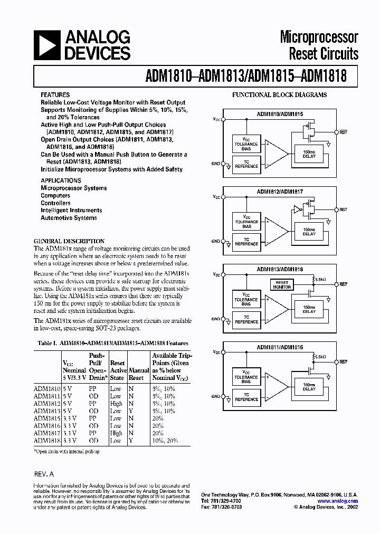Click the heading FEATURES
point(55,95)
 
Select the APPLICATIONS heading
point(61,180)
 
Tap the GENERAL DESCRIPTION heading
point(69,241)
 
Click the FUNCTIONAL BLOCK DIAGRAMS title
point(280,95)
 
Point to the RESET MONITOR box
point(281,284)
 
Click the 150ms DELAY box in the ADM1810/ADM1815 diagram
point(309,154)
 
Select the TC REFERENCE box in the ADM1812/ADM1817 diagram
point(247,242)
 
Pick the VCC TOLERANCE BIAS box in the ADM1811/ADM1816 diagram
point(247,377)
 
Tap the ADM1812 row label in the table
point(46,404)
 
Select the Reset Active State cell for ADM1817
point(116,433)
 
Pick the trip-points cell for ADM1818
point(164,441)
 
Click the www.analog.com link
point(337,501)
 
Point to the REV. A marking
point(44,473)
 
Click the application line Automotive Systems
point(69,218)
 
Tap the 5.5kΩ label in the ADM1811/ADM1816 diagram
point(319,357)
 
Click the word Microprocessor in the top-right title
point(319,37)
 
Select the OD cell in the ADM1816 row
point(93,426)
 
